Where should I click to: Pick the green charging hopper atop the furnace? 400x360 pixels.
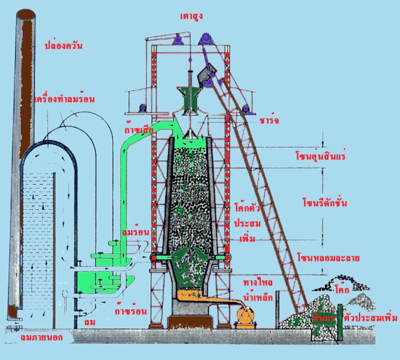(191, 100)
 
